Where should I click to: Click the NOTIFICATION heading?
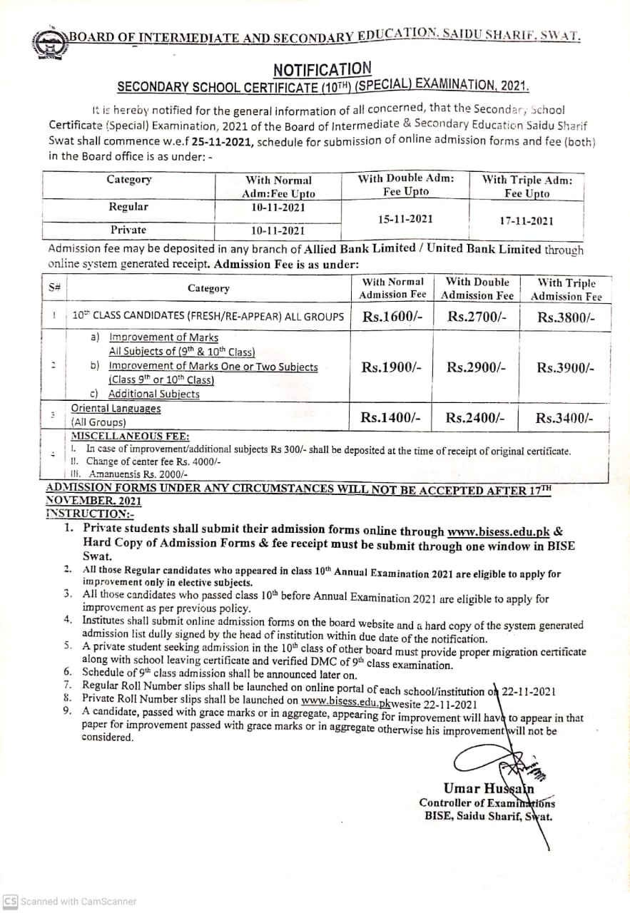click(322, 69)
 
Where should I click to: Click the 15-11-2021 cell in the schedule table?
click(405, 219)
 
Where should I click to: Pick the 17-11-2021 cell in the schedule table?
click(527, 220)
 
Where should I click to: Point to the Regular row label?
click(128, 207)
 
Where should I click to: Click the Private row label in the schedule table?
click(128, 230)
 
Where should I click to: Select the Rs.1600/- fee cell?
click(392, 317)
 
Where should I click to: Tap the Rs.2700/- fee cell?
click(477, 317)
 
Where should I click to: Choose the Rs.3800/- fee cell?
click(565, 318)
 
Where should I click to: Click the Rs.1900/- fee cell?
click(392, 367)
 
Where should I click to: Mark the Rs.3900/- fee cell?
click(565, 368)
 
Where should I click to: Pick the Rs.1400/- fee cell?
click(392, 418)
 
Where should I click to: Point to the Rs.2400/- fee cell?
click(477, 418)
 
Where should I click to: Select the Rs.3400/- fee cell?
click(564, 419)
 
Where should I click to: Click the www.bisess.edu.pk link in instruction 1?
click(499, 531)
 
